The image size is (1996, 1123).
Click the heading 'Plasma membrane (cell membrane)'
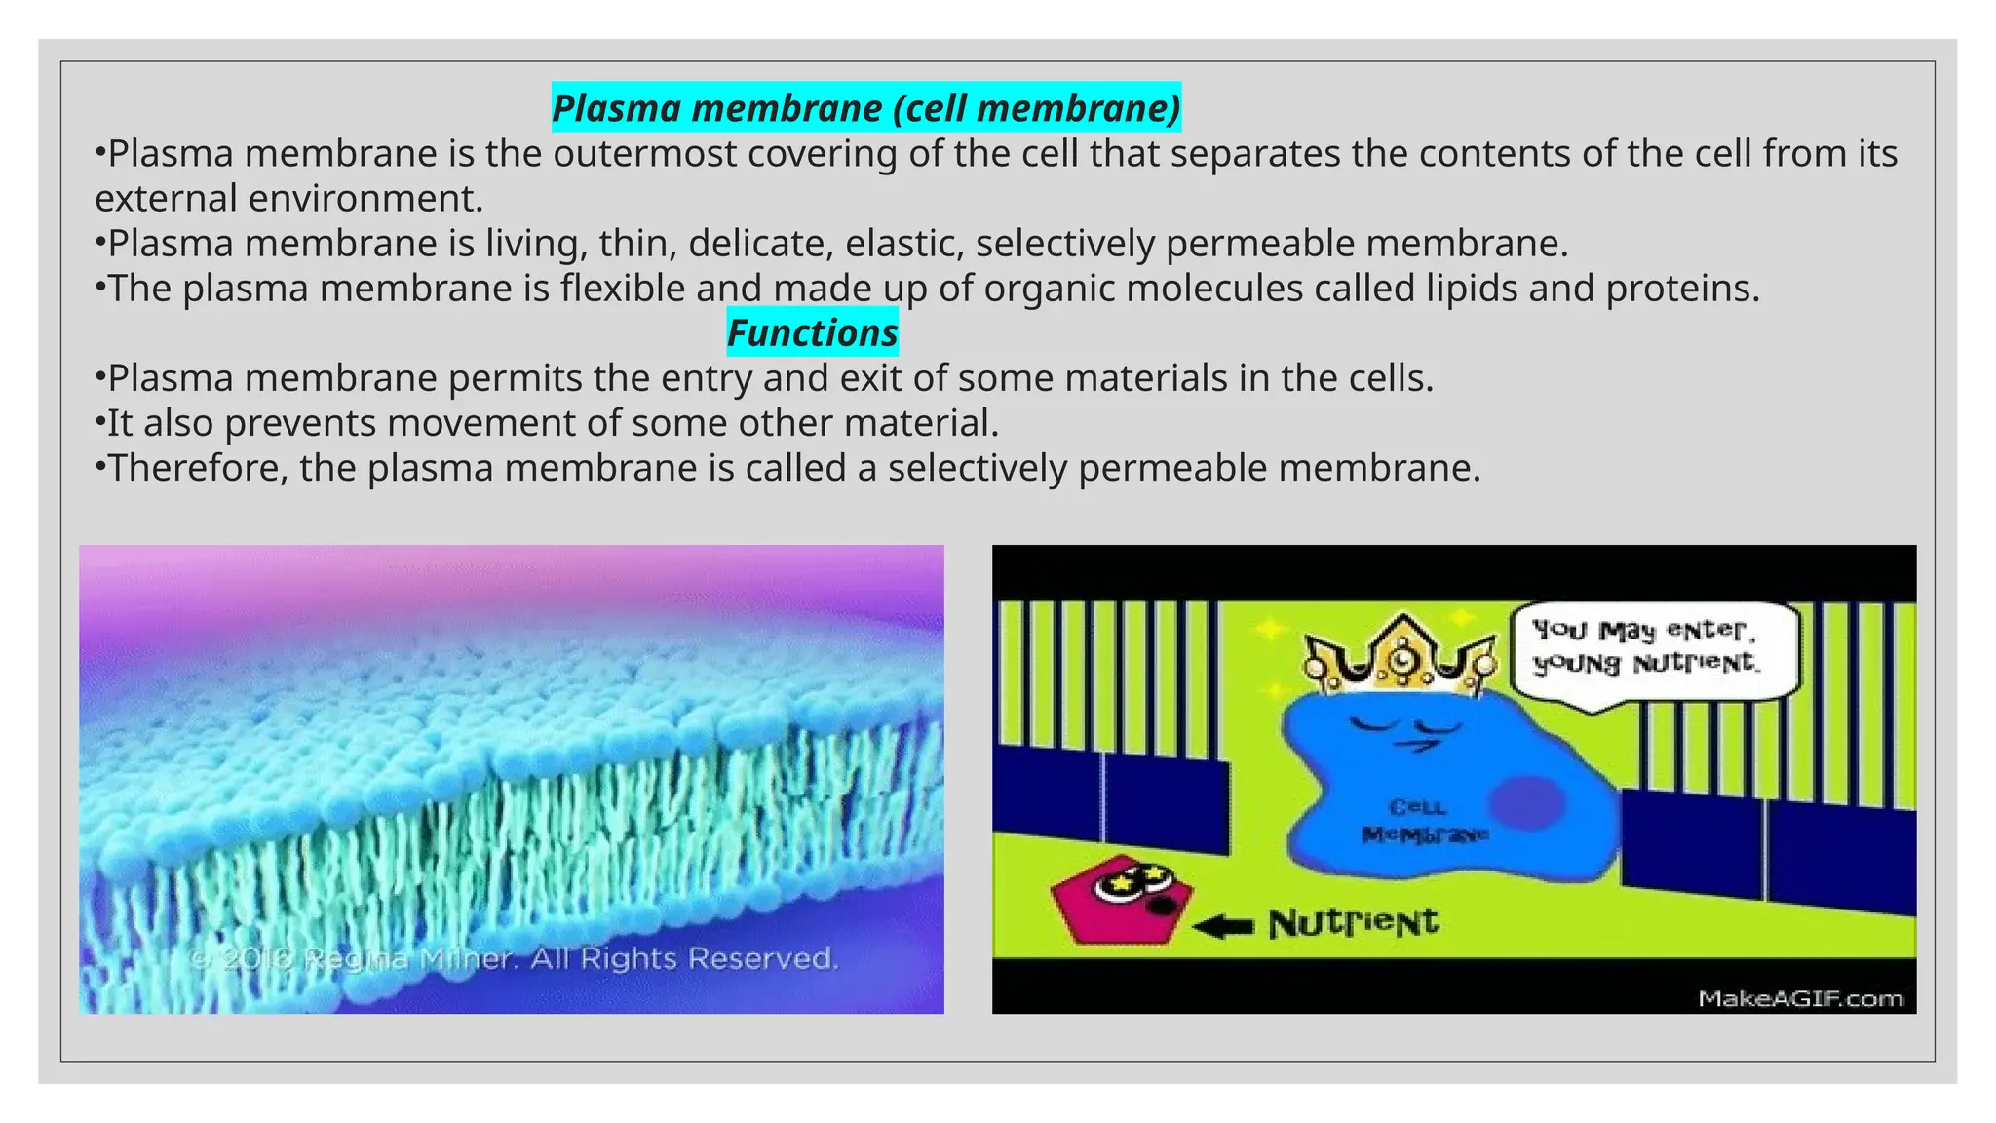(865, 108)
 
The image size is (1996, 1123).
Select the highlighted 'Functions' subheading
(812, 333)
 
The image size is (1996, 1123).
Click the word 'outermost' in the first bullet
(645, 154)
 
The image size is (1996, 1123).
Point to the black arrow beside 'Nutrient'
(1223, 926)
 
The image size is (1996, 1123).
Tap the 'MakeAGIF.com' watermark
(1800, 998)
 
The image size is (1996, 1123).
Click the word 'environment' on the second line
(365, 199)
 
